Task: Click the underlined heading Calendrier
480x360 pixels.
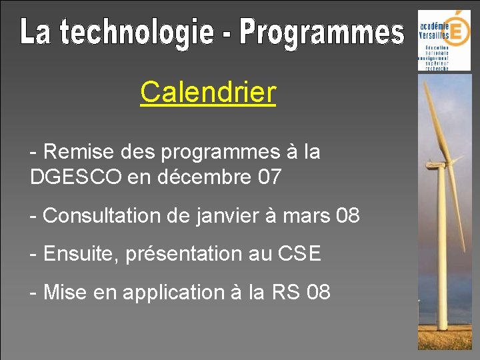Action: click(207, 93)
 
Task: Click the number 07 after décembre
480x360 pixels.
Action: click(269, 177)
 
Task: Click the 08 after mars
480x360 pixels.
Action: click(348, 216)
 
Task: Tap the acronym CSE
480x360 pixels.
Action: click(299, 254)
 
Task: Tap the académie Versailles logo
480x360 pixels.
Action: click(443, 40)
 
